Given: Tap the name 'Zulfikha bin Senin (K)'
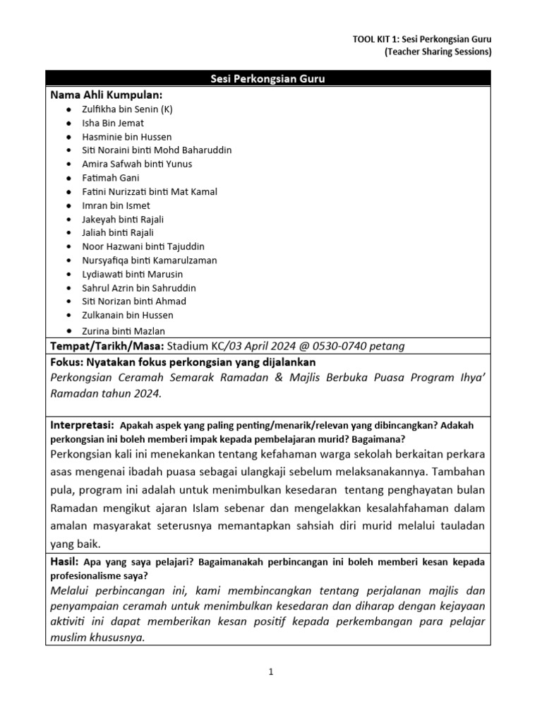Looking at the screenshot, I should [x=127, y=109].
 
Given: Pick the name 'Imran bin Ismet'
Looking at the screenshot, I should [x=116, y=205].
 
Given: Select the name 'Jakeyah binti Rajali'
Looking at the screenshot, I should [x=123, y=219].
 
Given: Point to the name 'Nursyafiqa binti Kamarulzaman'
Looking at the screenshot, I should [x=149, y=260].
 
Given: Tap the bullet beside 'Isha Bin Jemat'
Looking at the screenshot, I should [x=67, y=123].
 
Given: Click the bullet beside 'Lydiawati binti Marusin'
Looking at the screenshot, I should [x=67, y=274].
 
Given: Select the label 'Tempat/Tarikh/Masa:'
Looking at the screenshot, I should [x=107, y=345].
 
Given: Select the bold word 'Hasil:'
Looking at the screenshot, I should [x=65, y=562].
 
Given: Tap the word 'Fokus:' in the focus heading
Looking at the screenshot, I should [x=67, y=361].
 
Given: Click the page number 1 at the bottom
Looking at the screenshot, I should [x=270, y=673].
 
